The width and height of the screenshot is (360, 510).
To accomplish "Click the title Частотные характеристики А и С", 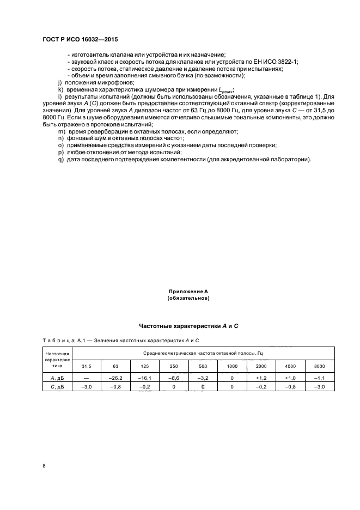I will pyautogui.click(x=180, y=325).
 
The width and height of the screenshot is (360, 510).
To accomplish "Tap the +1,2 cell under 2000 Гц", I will pyautogui.click(x=261, y=377).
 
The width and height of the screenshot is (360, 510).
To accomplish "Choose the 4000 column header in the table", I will pyautogui.click(x=290, y=366).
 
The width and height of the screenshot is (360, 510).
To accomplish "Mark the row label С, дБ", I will pyautogui.click(x=56, y=386).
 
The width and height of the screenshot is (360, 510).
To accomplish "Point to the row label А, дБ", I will pyautogui.click(x=56, y=377).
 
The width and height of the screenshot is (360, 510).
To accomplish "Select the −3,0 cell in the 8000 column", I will pyautogui.click(x=320, y=386).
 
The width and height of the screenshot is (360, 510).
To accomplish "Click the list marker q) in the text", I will pyautogui.click(x=60, y=160).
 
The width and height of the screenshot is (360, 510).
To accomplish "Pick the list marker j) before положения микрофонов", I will pyautogui.click(x=60, y=82).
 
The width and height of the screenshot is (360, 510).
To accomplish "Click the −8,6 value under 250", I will pyautogui.click(x=173, y=377).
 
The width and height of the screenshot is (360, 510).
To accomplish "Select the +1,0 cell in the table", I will pyautogui.click(x=290, y=377).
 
